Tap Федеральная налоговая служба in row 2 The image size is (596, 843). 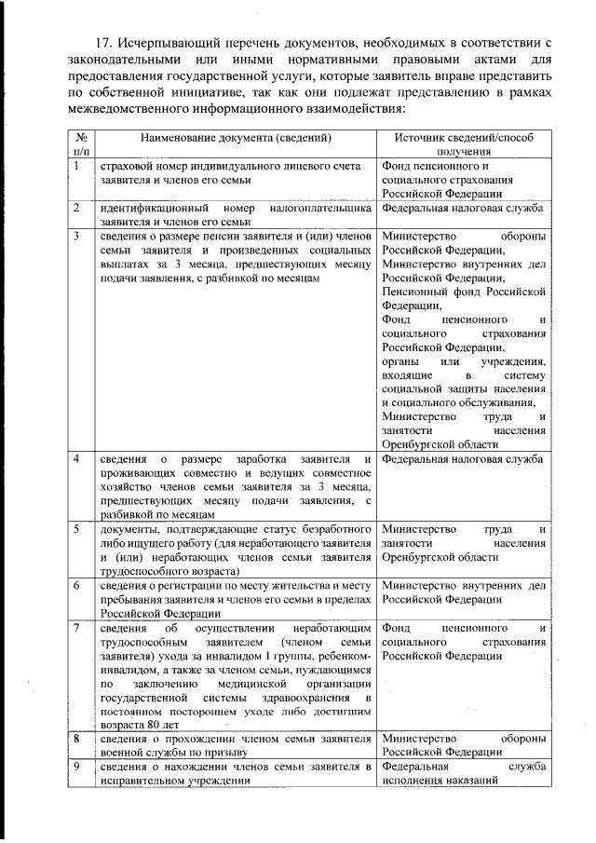[x=462, y=209]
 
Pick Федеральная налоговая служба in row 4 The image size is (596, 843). [x=462, y=460]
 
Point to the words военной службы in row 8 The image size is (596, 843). [x=137, y=752]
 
